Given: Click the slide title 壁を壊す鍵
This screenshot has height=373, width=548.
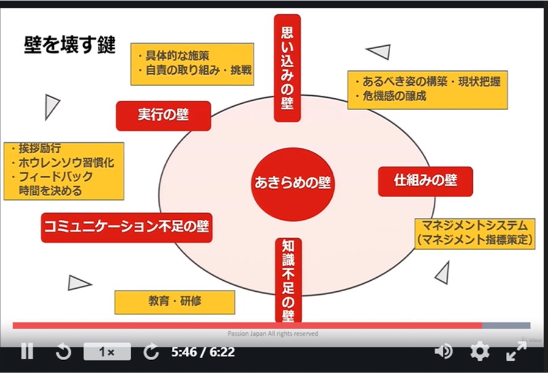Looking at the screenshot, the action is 70,45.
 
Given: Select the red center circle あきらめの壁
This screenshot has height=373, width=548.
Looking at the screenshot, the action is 292,184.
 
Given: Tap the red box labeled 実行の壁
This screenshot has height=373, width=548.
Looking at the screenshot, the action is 163,116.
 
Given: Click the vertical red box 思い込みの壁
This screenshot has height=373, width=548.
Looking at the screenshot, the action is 287,68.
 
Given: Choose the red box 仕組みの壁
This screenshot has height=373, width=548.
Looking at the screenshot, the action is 425,181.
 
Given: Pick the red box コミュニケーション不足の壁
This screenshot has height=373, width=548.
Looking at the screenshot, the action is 127,228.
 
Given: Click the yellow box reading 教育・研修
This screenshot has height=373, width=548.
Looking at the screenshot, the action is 175,302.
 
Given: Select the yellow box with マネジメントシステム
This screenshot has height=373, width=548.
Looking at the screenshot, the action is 475,233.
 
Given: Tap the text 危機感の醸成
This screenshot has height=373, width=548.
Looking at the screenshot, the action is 394,96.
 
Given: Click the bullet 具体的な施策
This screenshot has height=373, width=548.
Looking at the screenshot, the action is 177,56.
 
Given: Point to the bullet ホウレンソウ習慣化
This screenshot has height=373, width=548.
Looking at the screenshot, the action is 66,162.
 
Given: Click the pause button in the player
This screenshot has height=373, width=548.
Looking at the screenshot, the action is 27,351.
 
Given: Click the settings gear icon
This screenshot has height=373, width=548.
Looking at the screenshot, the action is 480,352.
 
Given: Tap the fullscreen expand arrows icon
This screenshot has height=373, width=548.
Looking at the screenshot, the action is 516,352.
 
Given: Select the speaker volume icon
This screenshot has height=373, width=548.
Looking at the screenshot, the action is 443,352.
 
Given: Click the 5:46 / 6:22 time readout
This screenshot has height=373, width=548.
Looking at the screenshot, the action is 203,352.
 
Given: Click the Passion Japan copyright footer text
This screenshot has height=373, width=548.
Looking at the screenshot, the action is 273,333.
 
